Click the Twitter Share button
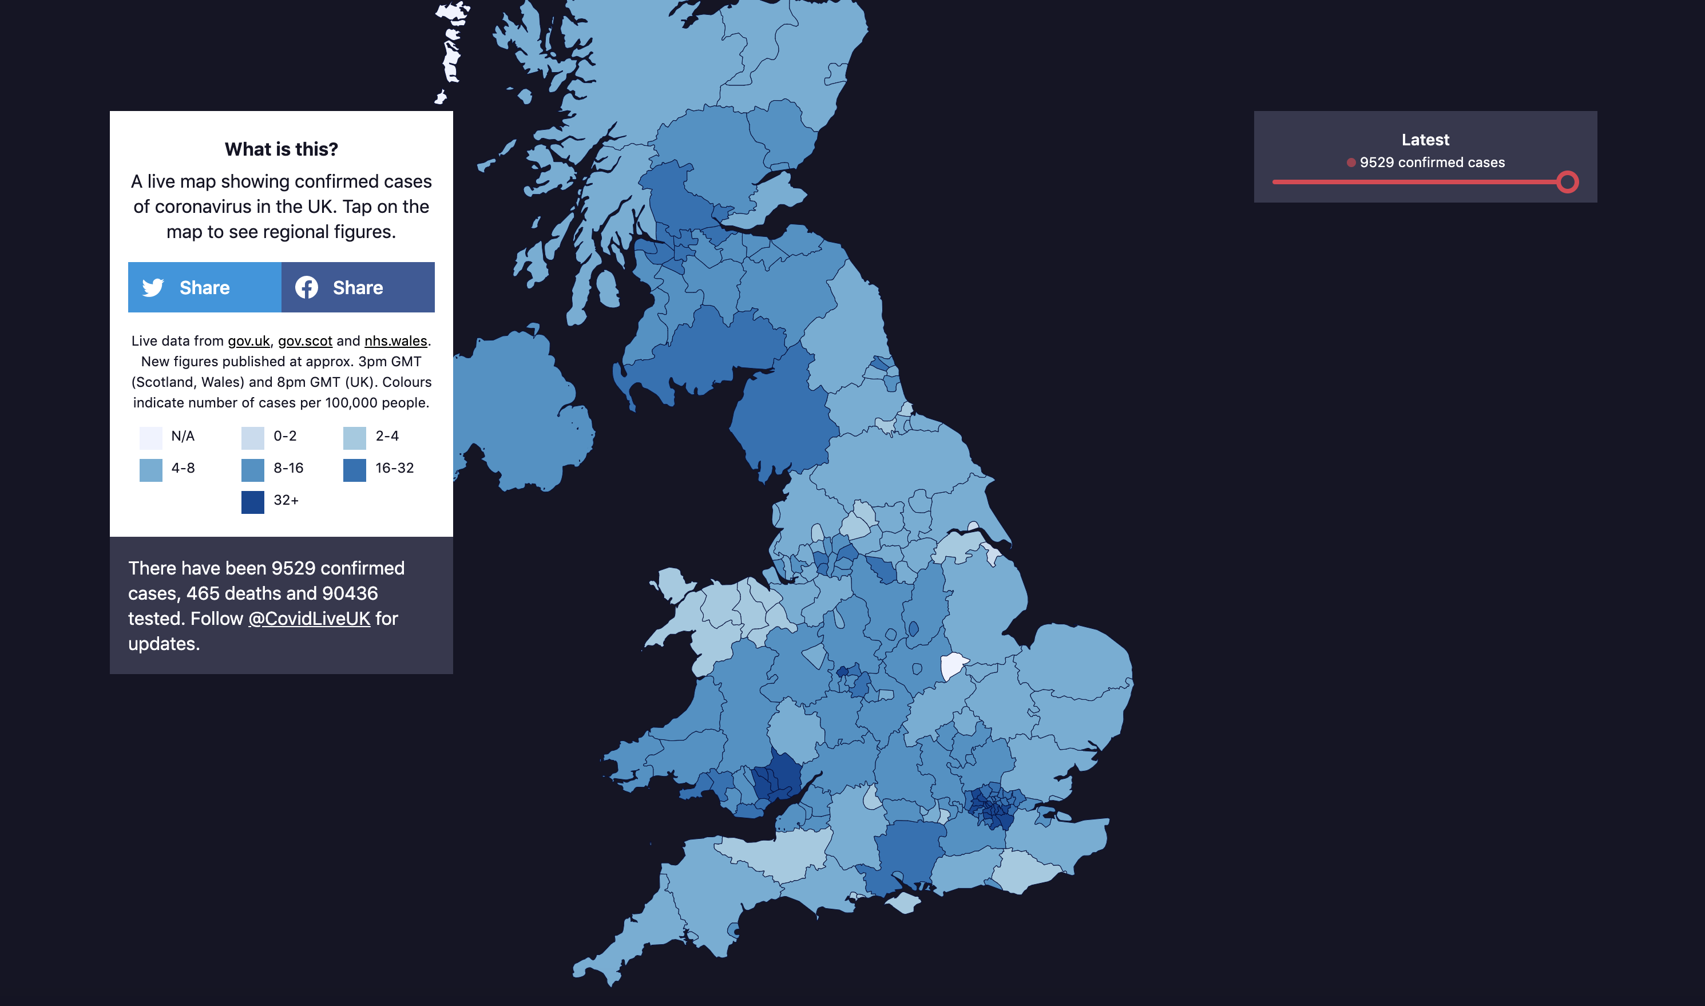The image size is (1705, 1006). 204,287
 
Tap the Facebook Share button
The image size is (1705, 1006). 358,287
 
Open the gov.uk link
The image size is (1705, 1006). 248,341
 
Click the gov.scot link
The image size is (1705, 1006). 305,341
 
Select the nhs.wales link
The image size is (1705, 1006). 396,341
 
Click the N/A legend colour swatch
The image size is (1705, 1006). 150,438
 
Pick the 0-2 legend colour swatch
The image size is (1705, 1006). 253,438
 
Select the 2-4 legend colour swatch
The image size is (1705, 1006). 354,438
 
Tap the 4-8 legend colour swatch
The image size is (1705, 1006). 150,470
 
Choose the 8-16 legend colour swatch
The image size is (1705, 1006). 253,470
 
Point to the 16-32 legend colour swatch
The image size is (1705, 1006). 354,470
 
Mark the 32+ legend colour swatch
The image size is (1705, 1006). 253,502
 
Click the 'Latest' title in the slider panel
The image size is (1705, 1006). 1425,140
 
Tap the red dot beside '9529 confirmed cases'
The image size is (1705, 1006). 1351,163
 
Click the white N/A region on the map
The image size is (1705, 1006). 952,665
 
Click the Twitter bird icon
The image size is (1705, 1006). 153,287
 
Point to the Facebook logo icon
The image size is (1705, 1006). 306,287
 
